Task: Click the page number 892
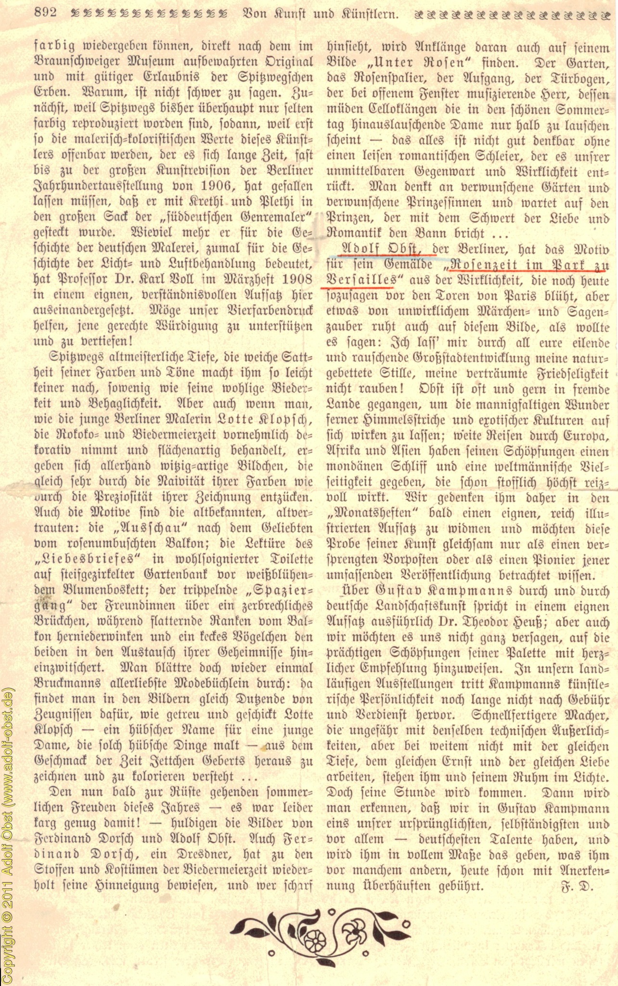(46, 13)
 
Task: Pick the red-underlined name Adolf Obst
(380, 249)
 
